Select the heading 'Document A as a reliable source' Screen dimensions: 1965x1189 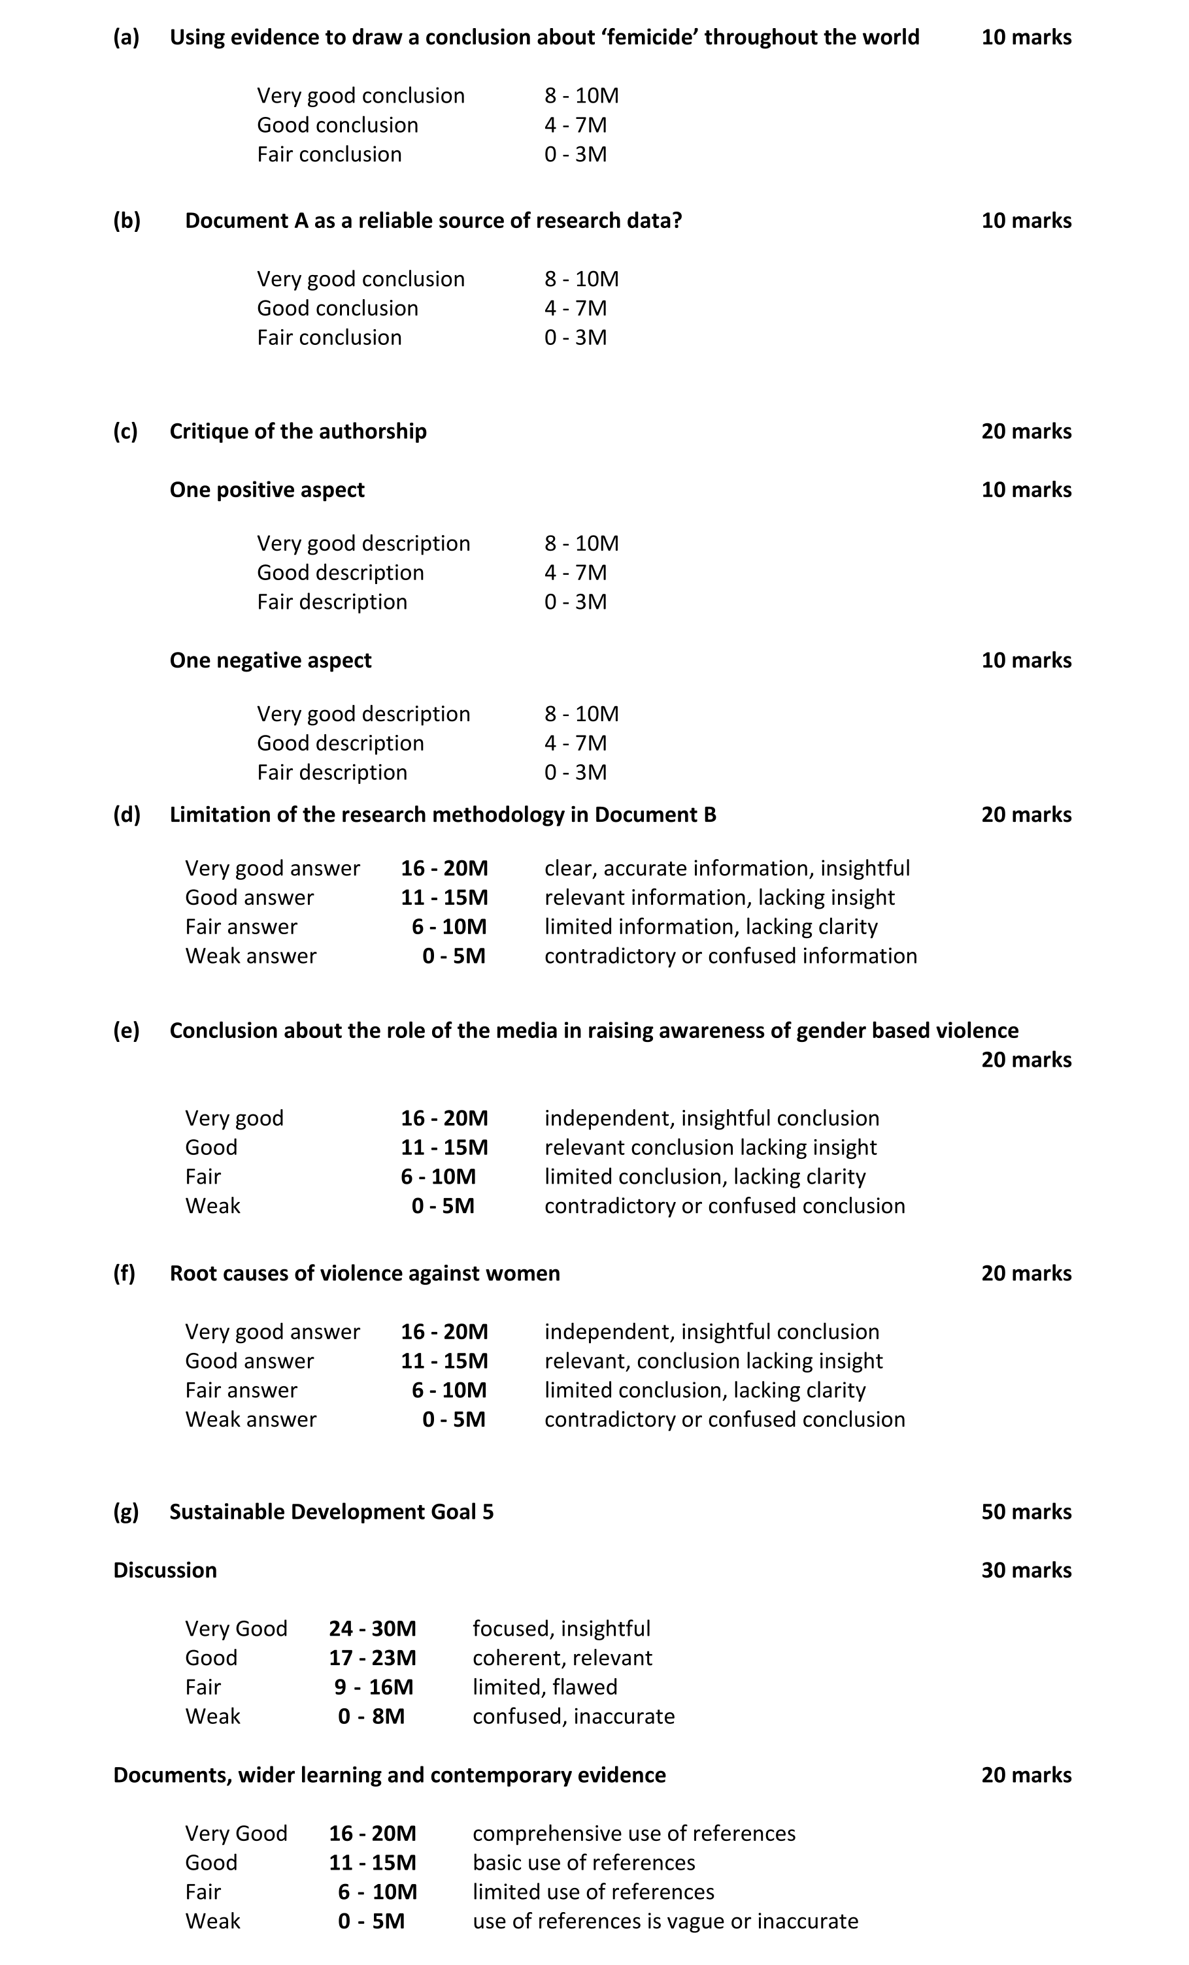pyautogui.click(x=433, y=221)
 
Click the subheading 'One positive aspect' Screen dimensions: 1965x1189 pyautogui.click(x=267, y=490)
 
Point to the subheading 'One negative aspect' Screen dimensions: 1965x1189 pyautogui.click(x=271, y=660)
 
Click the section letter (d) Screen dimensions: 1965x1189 pyautogui.click(x=126, y=815)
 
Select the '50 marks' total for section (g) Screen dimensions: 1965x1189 pyautogui.click(x=1026, y=1512)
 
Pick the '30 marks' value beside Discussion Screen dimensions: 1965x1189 pyautogui.click(x=1026, y=1570)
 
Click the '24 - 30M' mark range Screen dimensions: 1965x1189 pyautogui.click(x=372, y=1629)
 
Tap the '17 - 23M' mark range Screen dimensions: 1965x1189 pyautogui.click(x=372, y=1658)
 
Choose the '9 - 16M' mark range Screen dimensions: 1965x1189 pyautogui.click(x=373, y=1687)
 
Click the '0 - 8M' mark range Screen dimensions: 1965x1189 pyautogui.click(x=371, y=1716)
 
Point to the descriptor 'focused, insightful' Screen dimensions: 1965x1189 pyautogui.click(x=561, y=1629)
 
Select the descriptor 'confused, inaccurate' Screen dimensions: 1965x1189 pyautogui.click(x=573, y=1716)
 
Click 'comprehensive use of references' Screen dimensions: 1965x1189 pyautogui.click(x=633, y=1834)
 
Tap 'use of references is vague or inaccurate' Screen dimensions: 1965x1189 pyautogui.click(x=665, y=1921)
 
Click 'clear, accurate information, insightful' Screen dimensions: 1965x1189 pyautogui.click(x=727, y=868)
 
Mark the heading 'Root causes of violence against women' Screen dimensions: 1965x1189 pyautogui.click(x=365, y=1274)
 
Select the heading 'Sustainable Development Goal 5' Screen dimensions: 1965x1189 pyautogui.click(x=331, y=1512)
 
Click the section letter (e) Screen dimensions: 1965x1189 pyautogui.click(x=126, y=1031)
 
